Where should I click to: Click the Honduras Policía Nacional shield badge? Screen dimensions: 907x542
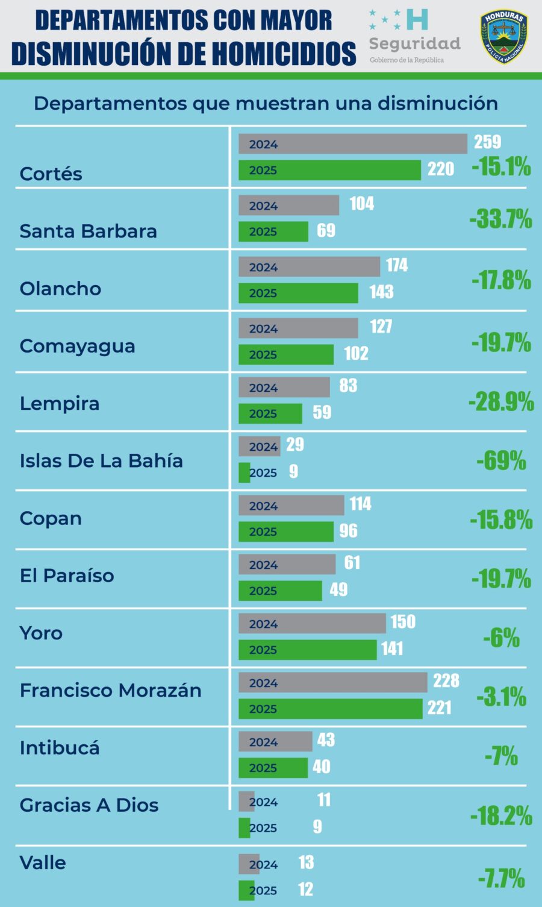[503, 37]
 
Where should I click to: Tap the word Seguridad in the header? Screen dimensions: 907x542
[414, 43]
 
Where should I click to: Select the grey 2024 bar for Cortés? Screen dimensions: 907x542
[352, 144]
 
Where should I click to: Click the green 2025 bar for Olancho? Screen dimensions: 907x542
[298, 293]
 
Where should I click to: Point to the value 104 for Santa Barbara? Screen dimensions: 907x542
[361, 204]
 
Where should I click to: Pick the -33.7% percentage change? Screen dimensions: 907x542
[500, 219]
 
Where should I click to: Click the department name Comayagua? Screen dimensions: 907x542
[77, 346]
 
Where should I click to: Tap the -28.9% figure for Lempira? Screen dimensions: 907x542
[501, 401]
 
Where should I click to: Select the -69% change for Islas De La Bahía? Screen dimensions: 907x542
[501, 460]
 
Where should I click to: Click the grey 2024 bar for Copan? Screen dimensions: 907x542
[291, 506]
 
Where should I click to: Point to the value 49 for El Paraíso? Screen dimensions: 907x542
[338, 589]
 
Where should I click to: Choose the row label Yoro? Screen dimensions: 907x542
[41, 633]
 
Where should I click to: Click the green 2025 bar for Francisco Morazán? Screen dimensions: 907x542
[330, 709]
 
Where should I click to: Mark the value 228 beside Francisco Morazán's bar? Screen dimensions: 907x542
[446, 680]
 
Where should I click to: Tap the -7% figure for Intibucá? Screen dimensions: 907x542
[501, 756]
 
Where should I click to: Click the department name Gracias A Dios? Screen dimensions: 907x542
[89, 805]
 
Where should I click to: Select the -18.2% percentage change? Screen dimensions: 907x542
[501, 816]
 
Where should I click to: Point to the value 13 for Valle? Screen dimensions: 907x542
[306, 862]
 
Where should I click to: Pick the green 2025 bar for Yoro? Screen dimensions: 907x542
[307, 650]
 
